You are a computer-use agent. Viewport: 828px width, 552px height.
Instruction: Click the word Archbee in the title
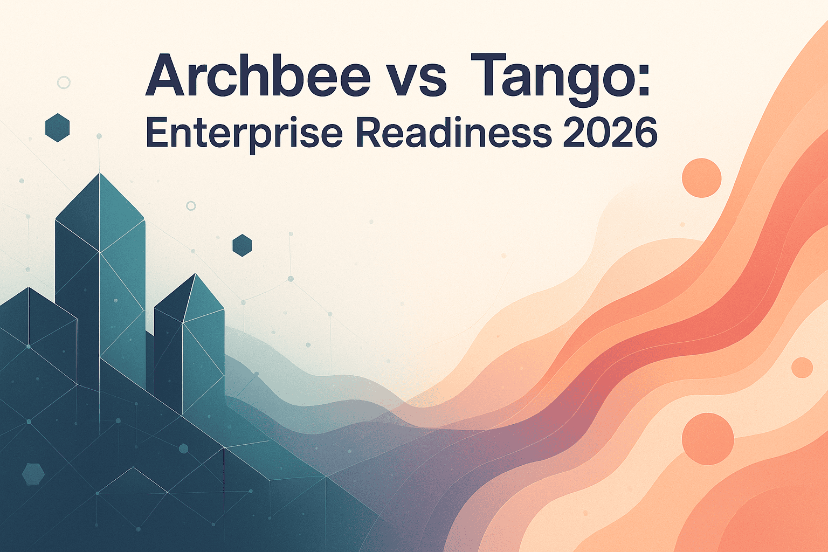click(x=258, y=75)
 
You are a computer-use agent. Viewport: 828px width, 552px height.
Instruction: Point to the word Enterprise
click(x=244, y=134)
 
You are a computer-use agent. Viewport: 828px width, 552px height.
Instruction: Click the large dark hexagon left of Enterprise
click(x=57, y=128)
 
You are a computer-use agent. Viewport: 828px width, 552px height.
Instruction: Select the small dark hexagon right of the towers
click(x=242, y=245)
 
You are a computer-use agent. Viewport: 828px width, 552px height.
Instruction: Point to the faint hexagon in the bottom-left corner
click(x=33, y=474)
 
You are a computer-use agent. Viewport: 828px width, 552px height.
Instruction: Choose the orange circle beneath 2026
click(x=701, y=178)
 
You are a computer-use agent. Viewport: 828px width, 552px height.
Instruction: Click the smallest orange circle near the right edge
click(x=802, y=368)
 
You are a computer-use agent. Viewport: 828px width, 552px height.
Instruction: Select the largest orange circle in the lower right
click(x=707, y=439)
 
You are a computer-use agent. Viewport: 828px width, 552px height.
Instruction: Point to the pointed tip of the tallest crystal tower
click(x=99, y=174)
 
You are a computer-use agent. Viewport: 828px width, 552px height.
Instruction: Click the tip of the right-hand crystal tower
click(x=196, y=274)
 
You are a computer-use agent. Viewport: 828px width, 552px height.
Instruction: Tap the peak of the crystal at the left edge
click(x=29, y=288)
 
